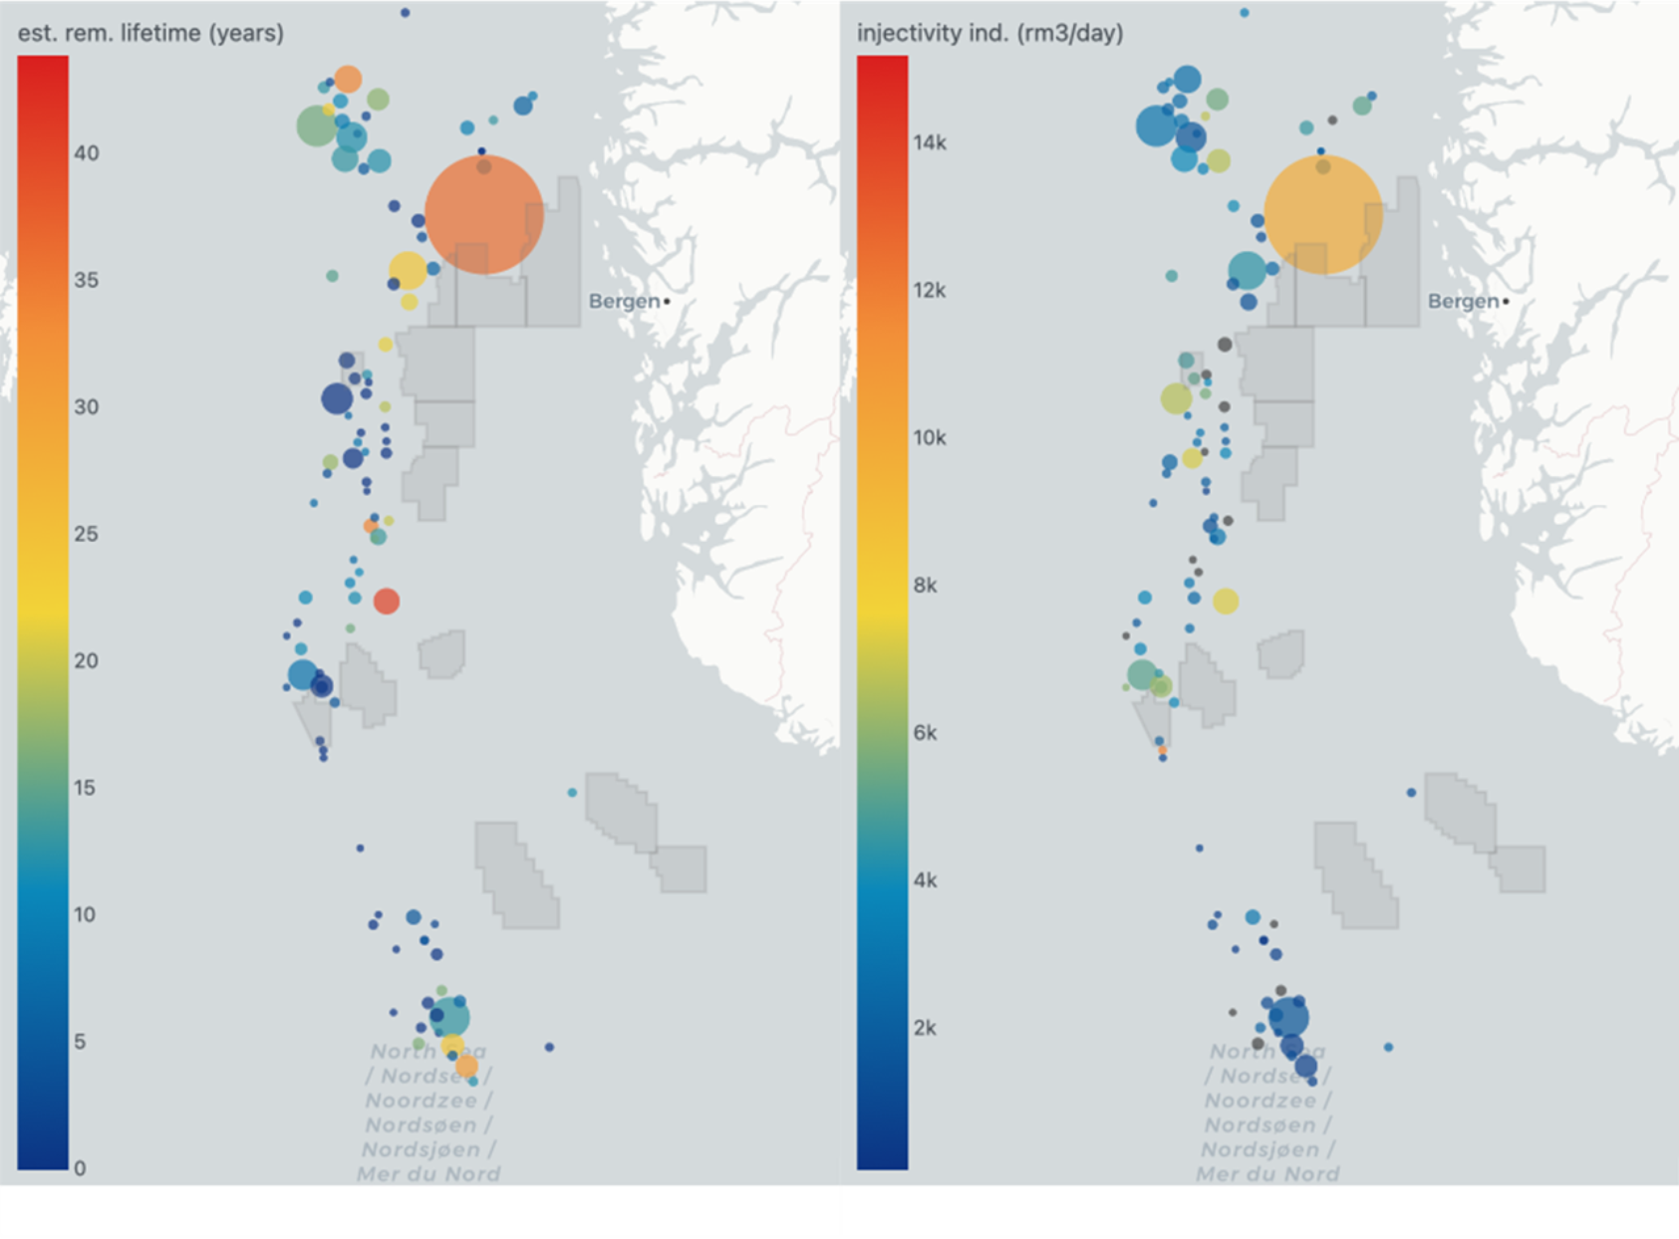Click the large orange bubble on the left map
pyautogui.click(x=484, y=214)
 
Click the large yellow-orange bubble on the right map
pyautogui.click(x=1323, y=214)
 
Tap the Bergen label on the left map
pyautogui.click(x=624, y=301)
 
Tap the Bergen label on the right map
pyautogui.click(x=1463, y=301)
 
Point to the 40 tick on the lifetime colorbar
pyautogui.click(x=86, y=153)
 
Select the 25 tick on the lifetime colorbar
pyautogui.click(x=86, y=534)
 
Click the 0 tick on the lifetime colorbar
pyautogui.click(x=80, y=1168)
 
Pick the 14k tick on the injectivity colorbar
pyautogui.click(x=929, y=142)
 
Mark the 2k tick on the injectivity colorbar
pyautogui.click(x=925, y=1028)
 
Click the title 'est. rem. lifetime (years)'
pyautogui.click(x=150, y=33)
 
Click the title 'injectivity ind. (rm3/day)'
pyautogui.click(x=989, y=33)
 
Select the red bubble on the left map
pyautogui.click(x=387, y=601)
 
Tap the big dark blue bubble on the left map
pyautogui.click(x=337, y=398)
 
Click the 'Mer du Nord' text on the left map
pyautogui.click(x=428, y=1173)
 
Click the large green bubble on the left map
pyautogui.click(x=317, y=126)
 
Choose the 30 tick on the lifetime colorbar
pyautogui.click(x=86, y=407)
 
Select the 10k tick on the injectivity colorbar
pyautogui.click(x=929, y=437)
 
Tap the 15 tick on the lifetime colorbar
pyautogui.click(x=86, y=788)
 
